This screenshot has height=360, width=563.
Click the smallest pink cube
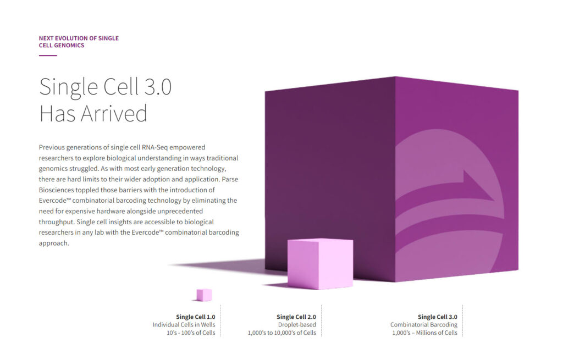204,295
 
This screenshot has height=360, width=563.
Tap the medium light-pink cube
321,263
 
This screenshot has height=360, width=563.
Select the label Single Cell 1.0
195,317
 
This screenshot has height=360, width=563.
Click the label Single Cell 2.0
296,317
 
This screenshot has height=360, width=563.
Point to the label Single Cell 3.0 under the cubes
437,317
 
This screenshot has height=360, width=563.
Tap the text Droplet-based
297,324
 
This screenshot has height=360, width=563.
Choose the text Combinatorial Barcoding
424,324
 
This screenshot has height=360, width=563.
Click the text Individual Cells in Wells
184,324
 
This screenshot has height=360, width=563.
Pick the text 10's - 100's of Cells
191,333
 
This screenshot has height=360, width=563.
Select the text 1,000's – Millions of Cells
425,333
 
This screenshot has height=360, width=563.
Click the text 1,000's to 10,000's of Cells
282,333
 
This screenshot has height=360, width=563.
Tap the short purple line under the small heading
48,56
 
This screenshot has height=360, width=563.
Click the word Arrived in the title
114,113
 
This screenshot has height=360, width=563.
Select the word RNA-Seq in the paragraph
154,147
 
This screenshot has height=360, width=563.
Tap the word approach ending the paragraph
54,243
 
